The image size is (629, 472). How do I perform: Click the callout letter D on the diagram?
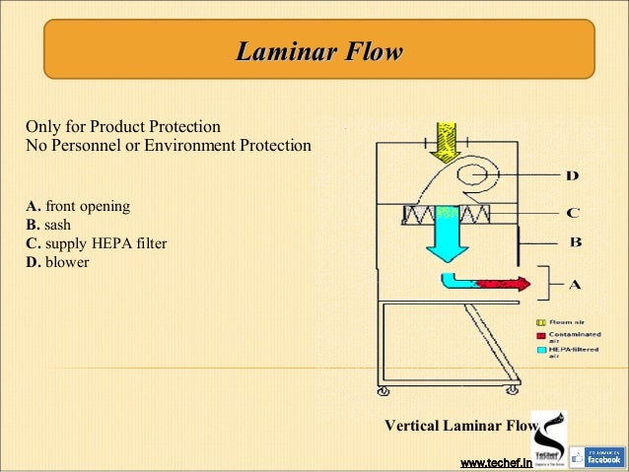572,176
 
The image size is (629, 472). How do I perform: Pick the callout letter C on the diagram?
572,212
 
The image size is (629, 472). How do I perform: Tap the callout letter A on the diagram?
575,285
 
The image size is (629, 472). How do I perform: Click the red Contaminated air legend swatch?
540,335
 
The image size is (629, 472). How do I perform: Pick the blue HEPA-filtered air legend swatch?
540,350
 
